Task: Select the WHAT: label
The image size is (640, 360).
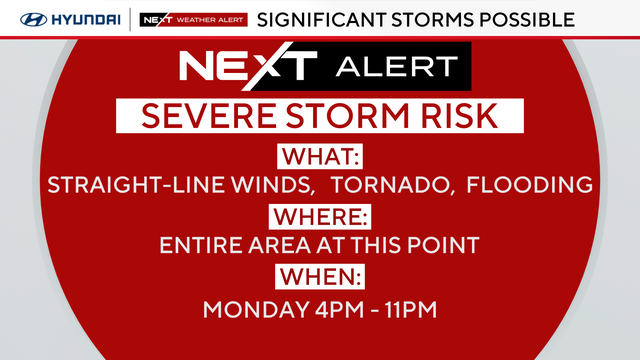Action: tap(320, 157)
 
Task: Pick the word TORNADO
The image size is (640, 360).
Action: tap(382, 185)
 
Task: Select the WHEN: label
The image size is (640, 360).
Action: tap(320, 275)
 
